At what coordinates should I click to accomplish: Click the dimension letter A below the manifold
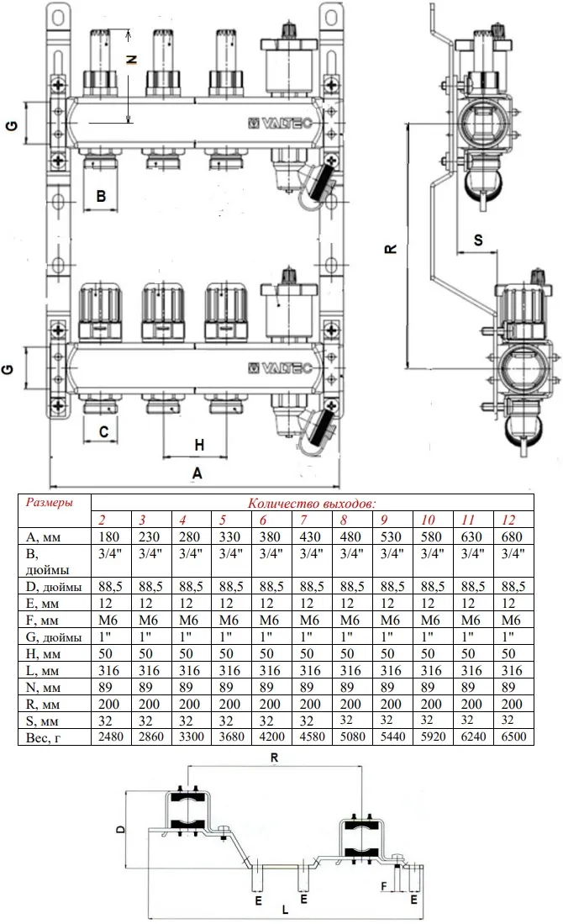coord(197,473)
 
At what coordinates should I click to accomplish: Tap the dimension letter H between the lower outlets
coord(199,445)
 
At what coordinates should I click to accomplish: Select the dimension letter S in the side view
coord(478,240)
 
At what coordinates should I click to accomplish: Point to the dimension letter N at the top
coord(133,59)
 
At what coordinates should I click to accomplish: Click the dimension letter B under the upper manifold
coord(102,196)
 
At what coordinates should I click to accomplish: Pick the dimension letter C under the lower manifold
coord(103,432)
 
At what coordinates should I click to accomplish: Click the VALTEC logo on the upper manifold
coord(280,123)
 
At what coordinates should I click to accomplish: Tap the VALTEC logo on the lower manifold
coord(280,368)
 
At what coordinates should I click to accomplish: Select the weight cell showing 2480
coord(111,737)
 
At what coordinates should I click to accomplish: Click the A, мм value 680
coord(511,536)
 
